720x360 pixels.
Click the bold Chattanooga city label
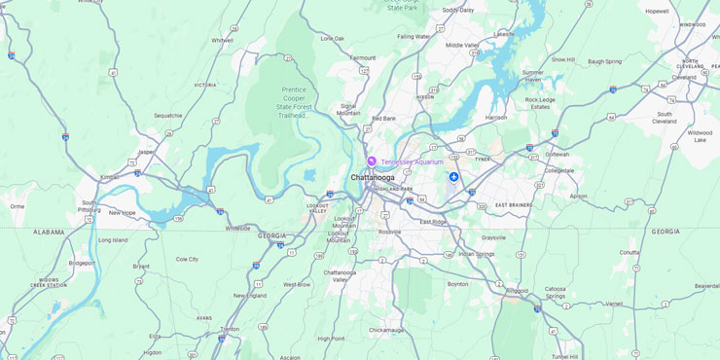coord(373,178)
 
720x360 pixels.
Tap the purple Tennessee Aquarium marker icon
coord(371,162)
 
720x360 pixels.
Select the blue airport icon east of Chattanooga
coord(453,176)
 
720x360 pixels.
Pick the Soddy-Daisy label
coord(457,10)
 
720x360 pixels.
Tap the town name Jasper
coord(146,152)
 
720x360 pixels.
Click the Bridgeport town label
coord(82,263)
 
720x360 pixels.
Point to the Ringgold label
coord(519,290)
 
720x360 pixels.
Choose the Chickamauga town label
coord(386,330)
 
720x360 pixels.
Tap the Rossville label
coord(389,232)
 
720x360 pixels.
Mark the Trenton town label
coord(230,329)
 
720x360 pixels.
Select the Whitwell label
coord(222,40)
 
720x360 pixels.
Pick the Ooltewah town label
coord(557,154)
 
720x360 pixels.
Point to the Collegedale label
coord(558,169)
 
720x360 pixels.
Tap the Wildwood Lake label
coord(700,135)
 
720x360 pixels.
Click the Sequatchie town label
coord(168,115)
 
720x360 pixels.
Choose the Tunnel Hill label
coord(564,356)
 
